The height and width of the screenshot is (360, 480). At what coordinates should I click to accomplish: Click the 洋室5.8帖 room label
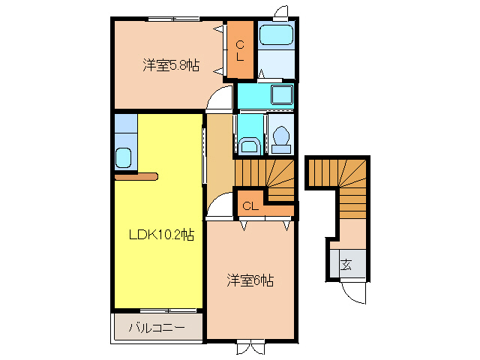click(171, 65)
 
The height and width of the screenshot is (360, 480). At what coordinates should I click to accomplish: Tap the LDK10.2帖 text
click(160, 235)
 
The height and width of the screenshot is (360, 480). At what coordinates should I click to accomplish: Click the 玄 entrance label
click(346, 264)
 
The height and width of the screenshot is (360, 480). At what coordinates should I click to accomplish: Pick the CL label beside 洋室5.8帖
click(240, 51)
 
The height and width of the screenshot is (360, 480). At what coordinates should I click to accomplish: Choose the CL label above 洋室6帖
click(250, 205)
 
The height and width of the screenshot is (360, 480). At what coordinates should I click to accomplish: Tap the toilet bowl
click(282, 139)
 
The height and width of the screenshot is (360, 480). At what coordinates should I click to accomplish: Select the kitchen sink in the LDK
click(124, 158)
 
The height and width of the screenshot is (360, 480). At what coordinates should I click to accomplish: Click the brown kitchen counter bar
click(136, 177)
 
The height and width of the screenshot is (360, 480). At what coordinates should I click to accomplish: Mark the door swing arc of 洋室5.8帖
click(221, 99)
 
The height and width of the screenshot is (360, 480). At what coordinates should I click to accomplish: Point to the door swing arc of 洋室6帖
click(219, 205)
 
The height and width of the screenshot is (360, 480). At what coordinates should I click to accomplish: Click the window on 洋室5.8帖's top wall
click(169, 18)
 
